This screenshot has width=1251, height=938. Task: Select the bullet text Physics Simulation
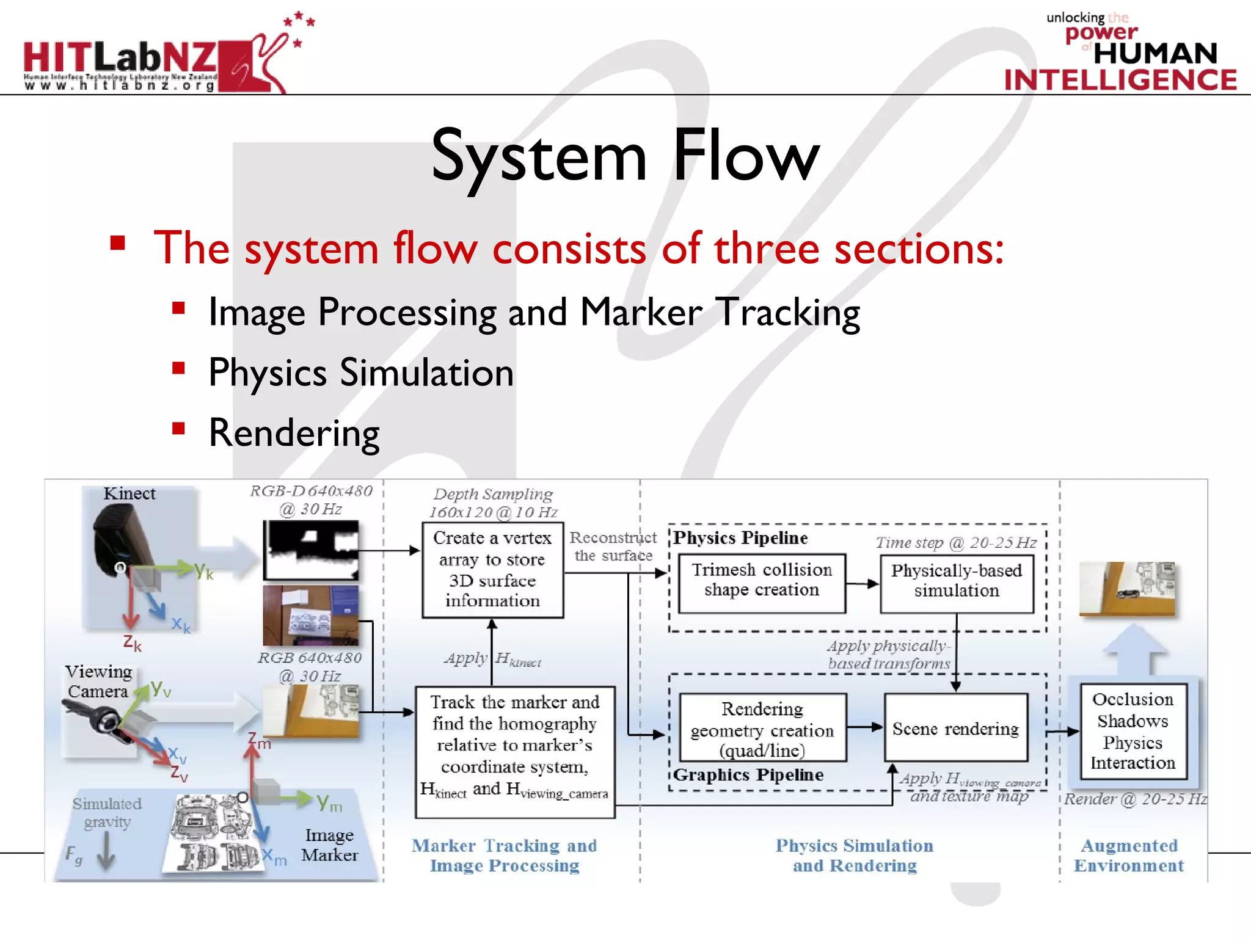[x=361, y=373]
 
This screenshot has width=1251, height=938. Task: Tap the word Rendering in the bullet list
[x=294, y=433]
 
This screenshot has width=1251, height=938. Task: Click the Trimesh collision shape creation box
[x=762, y=580]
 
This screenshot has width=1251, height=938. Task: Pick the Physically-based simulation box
[x=957, y=581]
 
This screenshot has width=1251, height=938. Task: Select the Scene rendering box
[x=955, y=729]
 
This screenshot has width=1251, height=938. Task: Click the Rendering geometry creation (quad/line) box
[x=762, y=729]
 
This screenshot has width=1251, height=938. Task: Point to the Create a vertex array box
[x=492, y=569]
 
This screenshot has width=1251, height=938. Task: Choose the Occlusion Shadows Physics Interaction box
[x=1132, y=731]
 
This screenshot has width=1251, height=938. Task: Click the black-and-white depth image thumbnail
[x=311, y=550]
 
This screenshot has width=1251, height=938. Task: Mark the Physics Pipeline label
[x=740, y=538]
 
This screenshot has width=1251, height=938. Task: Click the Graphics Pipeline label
[x=748, y=775]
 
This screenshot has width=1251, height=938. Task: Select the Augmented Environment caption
[x=1129, y=856]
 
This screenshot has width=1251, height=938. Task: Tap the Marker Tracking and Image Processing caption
[x=504, y=856]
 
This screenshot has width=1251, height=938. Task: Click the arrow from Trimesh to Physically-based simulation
[x=863, y=584]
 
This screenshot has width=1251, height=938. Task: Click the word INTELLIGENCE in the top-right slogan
[x=1120, y=80]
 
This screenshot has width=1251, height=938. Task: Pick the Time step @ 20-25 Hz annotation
[x=956, y=542]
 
